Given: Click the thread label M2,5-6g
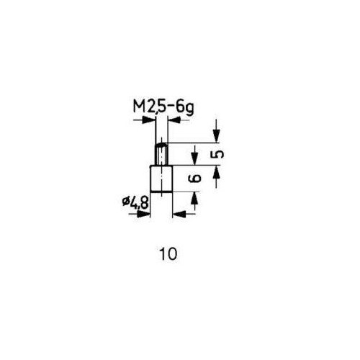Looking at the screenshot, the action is point(163,108).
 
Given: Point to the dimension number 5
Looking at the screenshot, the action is point(217,154).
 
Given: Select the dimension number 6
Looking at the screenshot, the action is point(194,179).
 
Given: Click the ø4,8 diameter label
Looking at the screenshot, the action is point(135,202).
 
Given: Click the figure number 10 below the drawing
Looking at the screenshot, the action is point(168,254).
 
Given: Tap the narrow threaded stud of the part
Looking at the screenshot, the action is point(161,154).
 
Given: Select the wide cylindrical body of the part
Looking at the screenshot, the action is point(161,179).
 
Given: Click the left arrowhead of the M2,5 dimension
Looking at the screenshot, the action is point(148,120).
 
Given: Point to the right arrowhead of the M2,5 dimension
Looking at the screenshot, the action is point(174,120).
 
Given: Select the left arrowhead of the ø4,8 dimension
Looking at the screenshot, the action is point(143,214).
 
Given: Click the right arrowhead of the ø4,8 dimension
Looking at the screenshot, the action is point(179,214).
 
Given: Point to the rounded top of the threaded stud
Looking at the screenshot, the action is point(161,144).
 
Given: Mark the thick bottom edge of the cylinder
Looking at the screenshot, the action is point(161,192).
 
